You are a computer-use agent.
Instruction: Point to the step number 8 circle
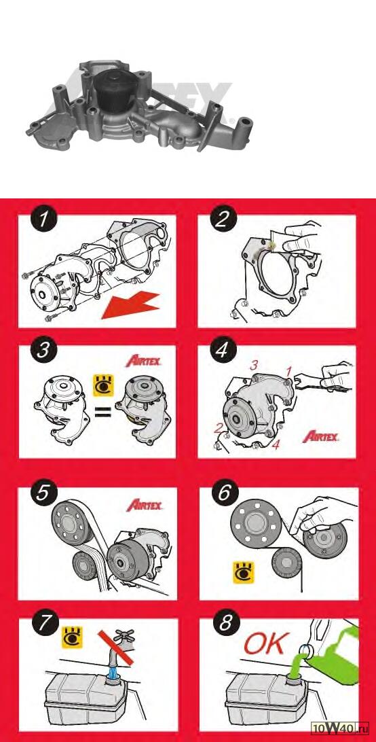225,624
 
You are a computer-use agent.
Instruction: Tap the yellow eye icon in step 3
101,385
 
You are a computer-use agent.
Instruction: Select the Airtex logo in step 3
144,361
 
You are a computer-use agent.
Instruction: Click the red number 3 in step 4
254,366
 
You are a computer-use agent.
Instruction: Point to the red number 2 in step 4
219,428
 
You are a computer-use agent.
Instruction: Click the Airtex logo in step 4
320,436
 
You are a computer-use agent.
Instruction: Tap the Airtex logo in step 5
145,505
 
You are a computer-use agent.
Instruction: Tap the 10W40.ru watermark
340,733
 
